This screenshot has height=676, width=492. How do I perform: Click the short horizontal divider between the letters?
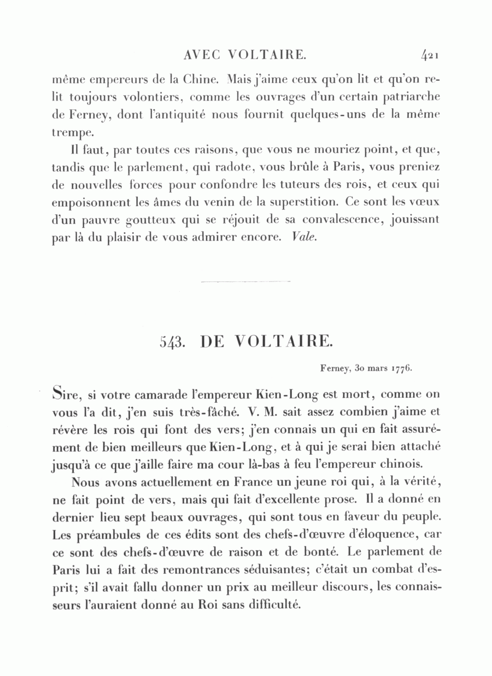click(x=246, y=281)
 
